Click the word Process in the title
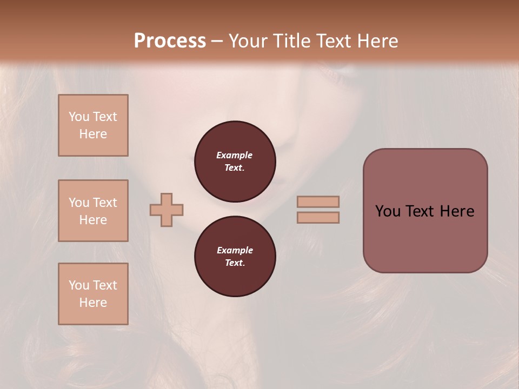[x=170, y=41]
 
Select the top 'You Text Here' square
[x=93, y=125]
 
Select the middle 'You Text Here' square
[x=93, y=211]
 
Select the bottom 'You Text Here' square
[x=93, y=294]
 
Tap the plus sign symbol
[x=167, y=210]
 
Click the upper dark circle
[x=235, y=162]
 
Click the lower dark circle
[x=235, y=257]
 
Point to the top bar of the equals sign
[x=318, y=202]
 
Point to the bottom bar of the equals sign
[x=318, y=217]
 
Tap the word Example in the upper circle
[x=235, y=155]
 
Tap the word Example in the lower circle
[x=235, y=250]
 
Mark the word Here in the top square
[x=93, y=134]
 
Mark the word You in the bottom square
[x=79, y=285]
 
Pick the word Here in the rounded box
[x=457, y=211]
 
